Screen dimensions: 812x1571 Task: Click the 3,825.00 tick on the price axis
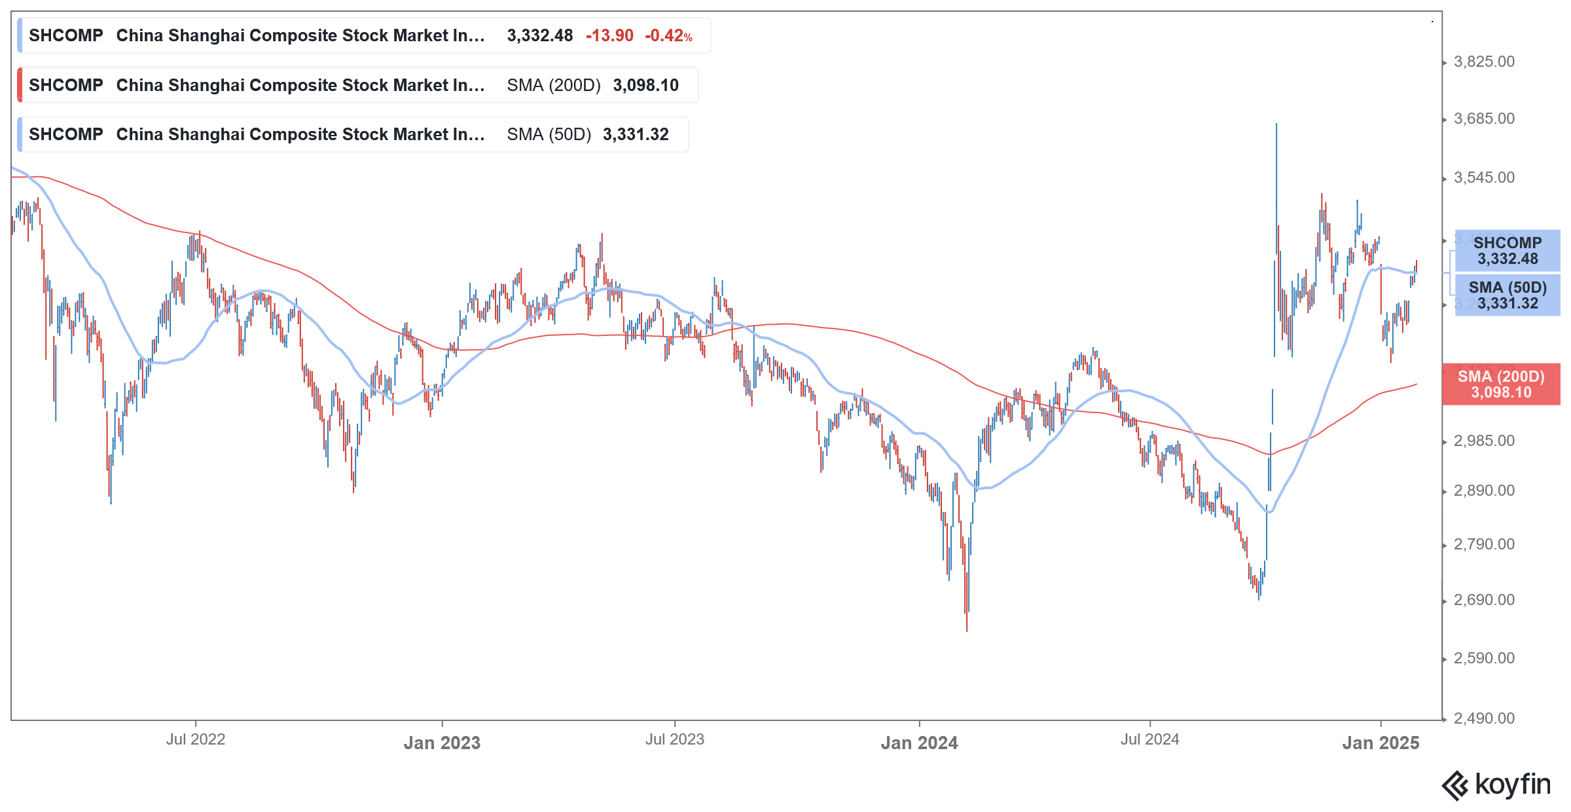click(x=1484, y=62)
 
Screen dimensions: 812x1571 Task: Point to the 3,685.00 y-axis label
click(x=1484, y=119)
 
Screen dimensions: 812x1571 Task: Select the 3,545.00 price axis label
click(x=1484, y=177)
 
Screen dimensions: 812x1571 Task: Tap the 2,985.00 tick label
click(x=1484, y=441)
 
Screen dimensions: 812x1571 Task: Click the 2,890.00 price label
click(x=1484, y=490)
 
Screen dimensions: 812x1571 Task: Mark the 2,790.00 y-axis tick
click(x=1484, y=544)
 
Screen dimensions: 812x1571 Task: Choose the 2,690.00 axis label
click(x=1484, y=600)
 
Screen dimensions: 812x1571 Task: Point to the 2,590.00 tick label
click(x=1484, y=658)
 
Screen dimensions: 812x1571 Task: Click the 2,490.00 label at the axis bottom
click(x=1484, y=718)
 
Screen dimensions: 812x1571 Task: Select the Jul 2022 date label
click(x=195, y=739)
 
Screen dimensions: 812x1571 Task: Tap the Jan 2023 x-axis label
click(x=442, y=743)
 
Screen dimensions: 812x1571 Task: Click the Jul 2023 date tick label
click(x=674, y=739)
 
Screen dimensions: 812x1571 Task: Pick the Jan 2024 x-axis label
click(x=919, y=743)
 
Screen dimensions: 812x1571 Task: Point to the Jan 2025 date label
click(x=1381, y=743)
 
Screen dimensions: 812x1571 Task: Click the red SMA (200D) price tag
click(x=1501, y=384)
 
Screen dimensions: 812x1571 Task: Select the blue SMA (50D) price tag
click(x=1507, y=295)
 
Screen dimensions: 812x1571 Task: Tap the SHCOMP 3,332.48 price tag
click(x=1507, y=251)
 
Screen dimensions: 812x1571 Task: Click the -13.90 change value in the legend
click(x=609, y=35)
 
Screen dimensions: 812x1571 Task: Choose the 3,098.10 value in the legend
click(x=645, y=85)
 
